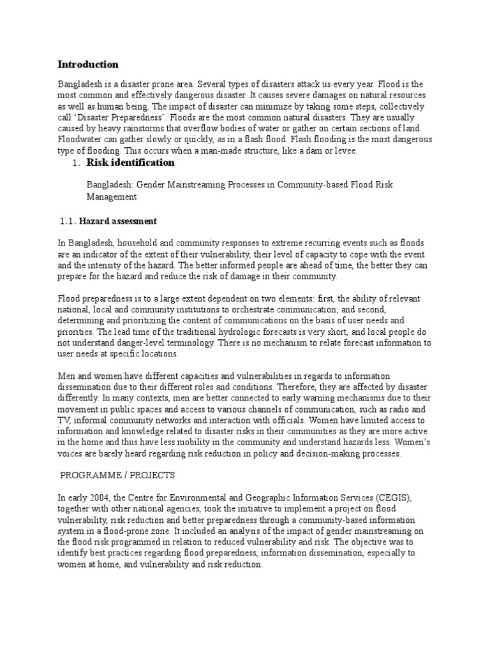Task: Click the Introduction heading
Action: click(88, 64)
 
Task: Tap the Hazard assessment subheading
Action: click(117, 221)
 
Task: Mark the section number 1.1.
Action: click(67, 221)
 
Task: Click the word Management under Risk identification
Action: click(112, 197)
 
